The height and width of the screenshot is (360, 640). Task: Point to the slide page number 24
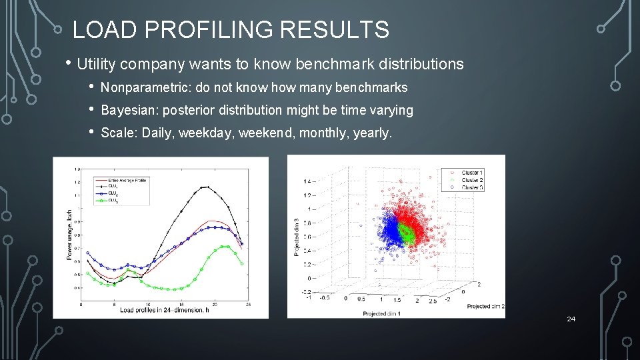pyautogui.click(x=571, y=319)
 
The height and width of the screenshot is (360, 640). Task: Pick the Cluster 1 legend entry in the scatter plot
pyautogui.click(x=471, y=173)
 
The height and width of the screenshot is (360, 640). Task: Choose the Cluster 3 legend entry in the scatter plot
pyautogui.click(x=471, y=187)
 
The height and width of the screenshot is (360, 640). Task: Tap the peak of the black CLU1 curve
pyautogui.click(x=208, y=187)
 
